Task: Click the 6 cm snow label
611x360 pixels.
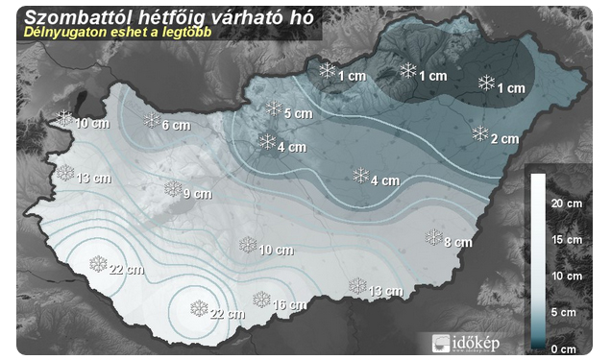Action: (x=177, y=126)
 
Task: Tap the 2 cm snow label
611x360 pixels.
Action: (x=505, y=139)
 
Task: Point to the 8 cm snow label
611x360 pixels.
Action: (x=459, y=242)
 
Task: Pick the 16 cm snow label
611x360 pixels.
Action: (x=289, y=305)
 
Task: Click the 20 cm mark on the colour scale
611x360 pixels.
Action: (x=567, y=204)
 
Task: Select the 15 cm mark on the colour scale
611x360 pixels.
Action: (x=567, y=240)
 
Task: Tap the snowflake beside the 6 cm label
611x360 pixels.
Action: (x=152, y=120)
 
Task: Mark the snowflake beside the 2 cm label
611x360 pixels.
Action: (x=479, y=133)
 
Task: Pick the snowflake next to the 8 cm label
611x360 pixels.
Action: (x=433, y=236)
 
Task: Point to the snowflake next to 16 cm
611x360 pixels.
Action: (x=260, y=300)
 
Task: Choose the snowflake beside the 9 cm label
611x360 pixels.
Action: (x=173, y=188)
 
